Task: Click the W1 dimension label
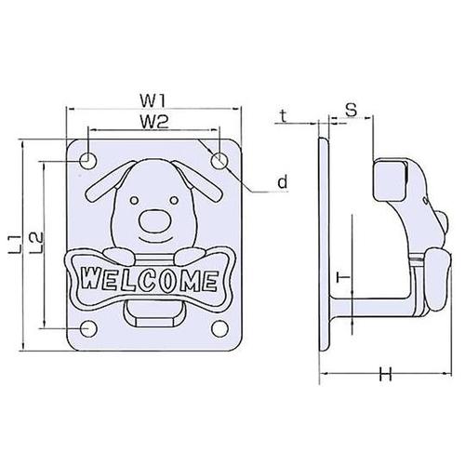click(x=153, y=100)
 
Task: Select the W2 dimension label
click(x=154, y=122)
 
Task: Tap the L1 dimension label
click(x=15, y=245)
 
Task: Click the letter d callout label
click(x=283, y=181)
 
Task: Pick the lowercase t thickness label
click(x=283, y=116)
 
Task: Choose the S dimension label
click(x=352, y=110)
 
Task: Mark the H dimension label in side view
click(x=386, y=374)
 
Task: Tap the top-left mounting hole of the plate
click(x=88, y=161)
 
